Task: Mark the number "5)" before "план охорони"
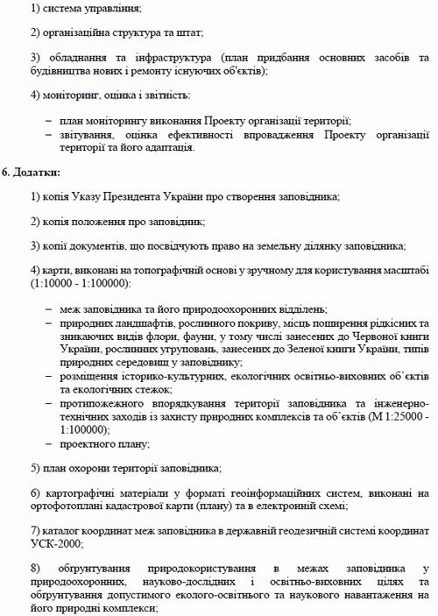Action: point(34,468)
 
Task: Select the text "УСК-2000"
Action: point(55,543)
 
